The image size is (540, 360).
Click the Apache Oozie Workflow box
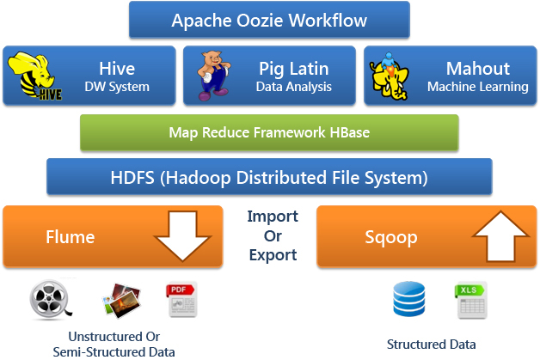click(269, 21)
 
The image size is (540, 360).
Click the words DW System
click(117, 87)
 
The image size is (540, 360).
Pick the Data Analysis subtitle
click(295, 87)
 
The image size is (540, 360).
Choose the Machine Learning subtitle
click(478, 87)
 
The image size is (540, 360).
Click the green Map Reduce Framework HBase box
click(269, 132)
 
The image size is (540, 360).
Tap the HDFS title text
click(269, 179)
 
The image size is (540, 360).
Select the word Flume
click(70, 236)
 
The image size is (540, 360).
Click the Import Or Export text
click(273, 235)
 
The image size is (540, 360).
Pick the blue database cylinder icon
click(408, 299)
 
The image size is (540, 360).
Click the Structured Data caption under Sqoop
click(431, 345)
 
